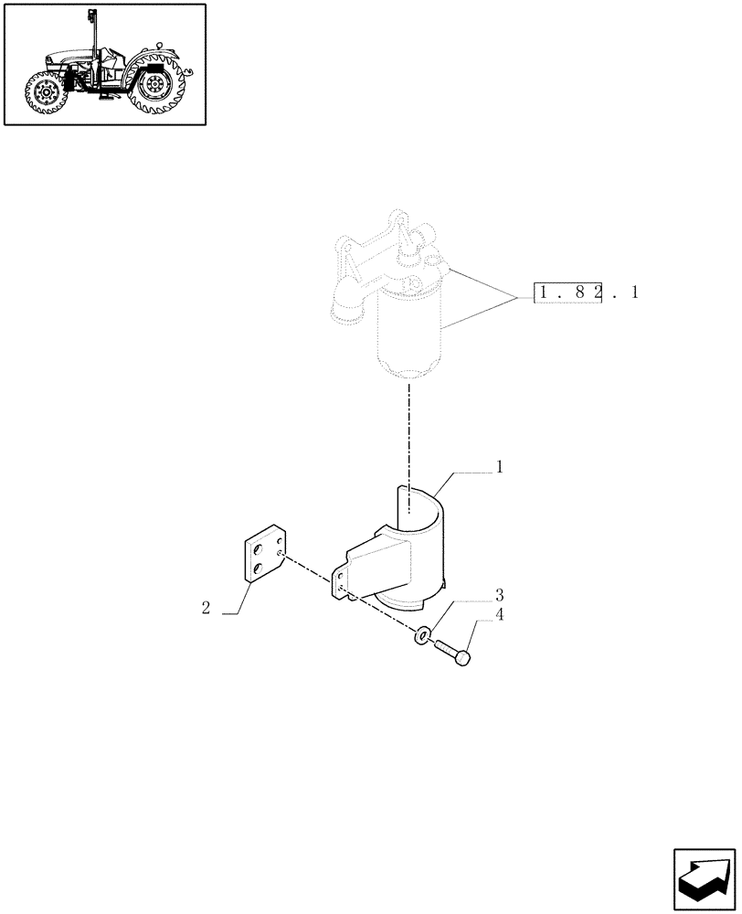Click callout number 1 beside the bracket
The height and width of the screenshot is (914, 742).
coord(500,467)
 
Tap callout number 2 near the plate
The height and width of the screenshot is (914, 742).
coord(207,608)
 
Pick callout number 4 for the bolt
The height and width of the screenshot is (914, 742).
coord(500,614)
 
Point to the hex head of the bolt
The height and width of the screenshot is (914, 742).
coord(463,656)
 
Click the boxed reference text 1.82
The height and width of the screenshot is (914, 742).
coord(567,293)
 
